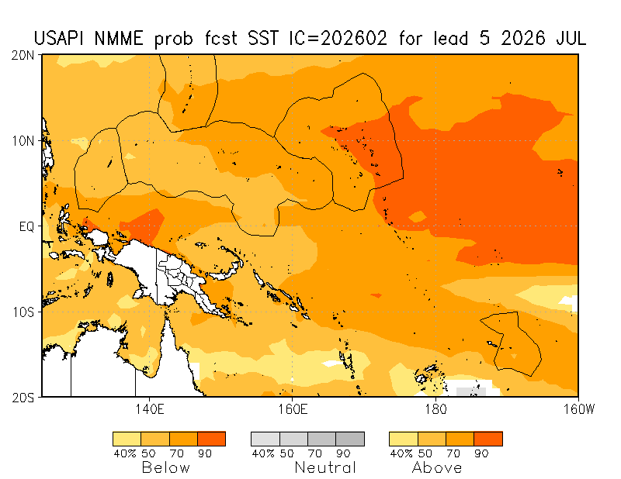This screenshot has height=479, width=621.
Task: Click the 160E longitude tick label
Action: click(292, 408)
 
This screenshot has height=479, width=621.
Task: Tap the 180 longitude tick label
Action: click(435, 408)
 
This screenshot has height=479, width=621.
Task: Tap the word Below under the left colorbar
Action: click(165, 467)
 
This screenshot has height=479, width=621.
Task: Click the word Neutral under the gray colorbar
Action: click(325, 467)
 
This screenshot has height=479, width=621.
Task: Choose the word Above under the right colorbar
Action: click(437, 467)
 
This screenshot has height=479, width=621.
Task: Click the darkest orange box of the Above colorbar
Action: click(488, 439)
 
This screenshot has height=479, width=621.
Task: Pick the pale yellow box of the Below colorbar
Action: click(127, 439)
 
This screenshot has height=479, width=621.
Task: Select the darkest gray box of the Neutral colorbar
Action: click(350, 439)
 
